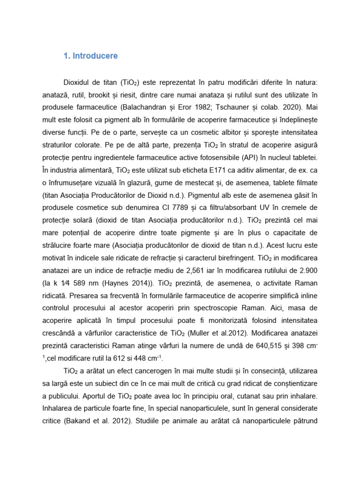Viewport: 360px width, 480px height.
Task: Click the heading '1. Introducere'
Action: tap(90, 56)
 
